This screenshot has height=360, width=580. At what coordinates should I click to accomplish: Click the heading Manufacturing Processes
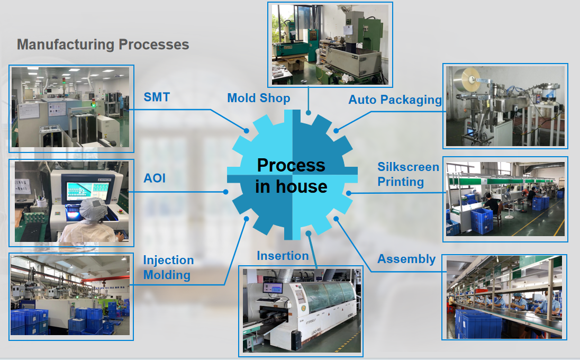[103, 44]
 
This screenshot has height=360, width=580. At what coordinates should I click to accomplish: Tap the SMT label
[157, 97]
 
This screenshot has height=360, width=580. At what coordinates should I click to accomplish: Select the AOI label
[155, 178]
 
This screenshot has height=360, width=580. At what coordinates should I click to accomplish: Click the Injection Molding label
[168, 267]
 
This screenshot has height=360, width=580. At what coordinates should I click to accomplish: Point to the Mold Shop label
[259, 98]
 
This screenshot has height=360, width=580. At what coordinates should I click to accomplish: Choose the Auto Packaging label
[395, 100]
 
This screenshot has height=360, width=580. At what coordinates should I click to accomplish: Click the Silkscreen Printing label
[408, 175]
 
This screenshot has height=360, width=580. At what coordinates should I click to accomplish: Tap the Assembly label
[406, 259]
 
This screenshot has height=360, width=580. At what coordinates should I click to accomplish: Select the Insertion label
[283, 256]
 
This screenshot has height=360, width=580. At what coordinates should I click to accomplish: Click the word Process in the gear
[291, 165]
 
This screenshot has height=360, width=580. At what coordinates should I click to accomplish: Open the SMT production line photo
[70, 106]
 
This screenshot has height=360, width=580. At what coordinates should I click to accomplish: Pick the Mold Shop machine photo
[331, 44]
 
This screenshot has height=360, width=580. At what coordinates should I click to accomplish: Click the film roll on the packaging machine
[470, 79]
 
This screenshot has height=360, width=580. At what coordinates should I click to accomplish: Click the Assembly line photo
[504, 297]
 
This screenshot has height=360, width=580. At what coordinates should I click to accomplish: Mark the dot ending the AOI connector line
[226, 192]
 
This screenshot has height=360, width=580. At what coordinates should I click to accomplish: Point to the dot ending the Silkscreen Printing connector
[349, 193]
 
